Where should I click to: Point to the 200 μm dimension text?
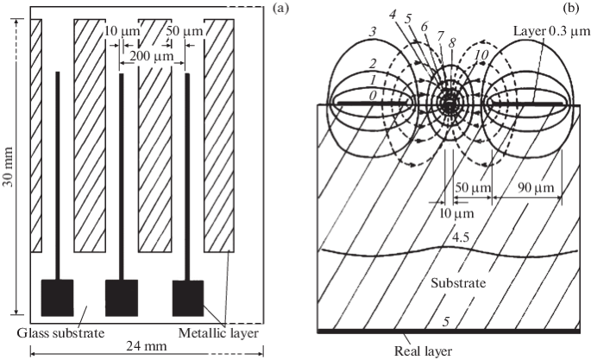(144, 55)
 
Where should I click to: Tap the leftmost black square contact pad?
(57, 297)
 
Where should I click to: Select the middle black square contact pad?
(122, 297)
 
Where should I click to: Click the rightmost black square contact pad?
(188, 297)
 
